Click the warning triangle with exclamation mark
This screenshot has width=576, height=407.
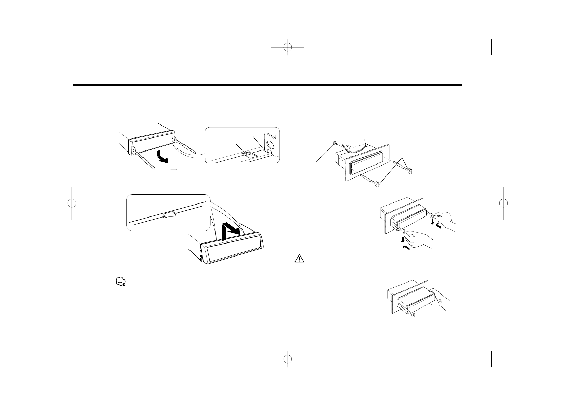[x=299, y=259]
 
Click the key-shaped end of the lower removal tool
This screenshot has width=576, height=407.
[x=377, y=185]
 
